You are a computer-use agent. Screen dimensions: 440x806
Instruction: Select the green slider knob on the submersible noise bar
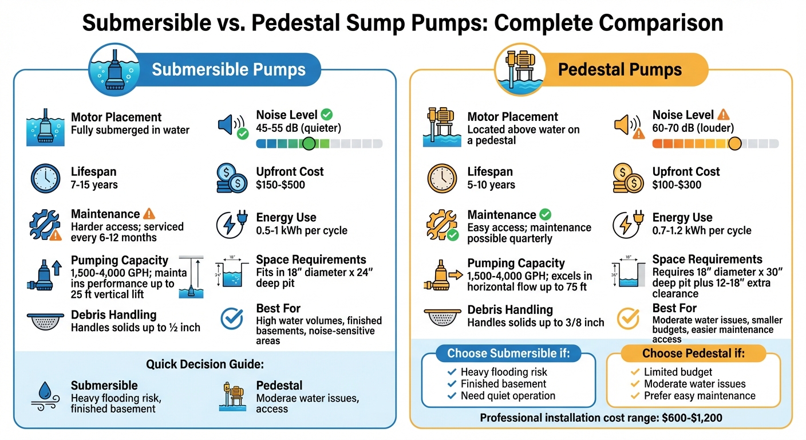click(309, 143)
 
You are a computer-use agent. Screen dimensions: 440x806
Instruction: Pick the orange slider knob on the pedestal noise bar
click(734, 143)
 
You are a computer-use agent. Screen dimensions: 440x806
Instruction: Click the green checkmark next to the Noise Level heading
click(327, 115)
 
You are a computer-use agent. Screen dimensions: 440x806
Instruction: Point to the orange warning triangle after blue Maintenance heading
click(149, 214)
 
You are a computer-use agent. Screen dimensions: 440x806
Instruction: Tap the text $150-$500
click(280, 185)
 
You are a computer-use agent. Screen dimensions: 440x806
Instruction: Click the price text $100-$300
click(677, 185)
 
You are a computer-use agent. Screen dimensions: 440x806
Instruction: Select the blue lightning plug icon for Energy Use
click(231, 224)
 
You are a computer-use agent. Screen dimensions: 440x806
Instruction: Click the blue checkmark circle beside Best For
click(231, 316)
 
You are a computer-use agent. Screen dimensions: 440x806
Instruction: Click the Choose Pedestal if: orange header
click(693, 353)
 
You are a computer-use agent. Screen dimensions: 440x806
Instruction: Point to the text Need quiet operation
click(508, 396)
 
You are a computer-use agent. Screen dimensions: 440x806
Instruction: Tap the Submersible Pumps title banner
click(228, 70)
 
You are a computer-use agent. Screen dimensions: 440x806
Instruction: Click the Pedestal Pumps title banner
click(620, 70)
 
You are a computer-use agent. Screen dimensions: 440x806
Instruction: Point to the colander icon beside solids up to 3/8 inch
click(442, 317)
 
